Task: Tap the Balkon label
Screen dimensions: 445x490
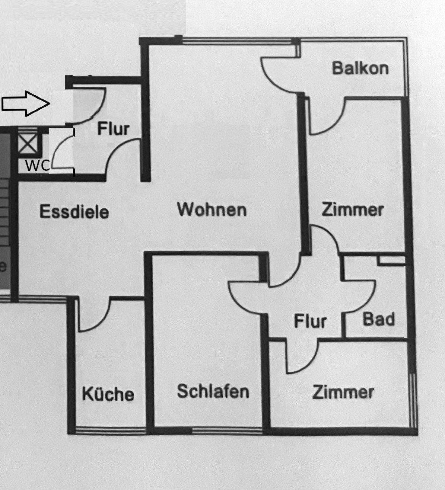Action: (x=360, y=68)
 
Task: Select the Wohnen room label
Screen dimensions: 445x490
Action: (x=212, y=209)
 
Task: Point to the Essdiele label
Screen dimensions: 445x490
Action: (x=74, y=212)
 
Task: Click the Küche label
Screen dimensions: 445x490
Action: (x=108, y=394)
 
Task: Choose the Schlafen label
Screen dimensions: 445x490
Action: (x=213, y=391)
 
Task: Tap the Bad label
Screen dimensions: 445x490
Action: (x=379, y=319)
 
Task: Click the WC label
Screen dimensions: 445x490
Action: (x=37, y=166)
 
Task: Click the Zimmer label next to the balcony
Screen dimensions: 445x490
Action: (x=352, y=210)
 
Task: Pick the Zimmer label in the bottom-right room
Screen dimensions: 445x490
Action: (x=343, y=392)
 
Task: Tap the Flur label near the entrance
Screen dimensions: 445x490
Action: (x=113, y=129)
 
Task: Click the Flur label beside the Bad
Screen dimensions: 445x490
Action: (x=310, y=321)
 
